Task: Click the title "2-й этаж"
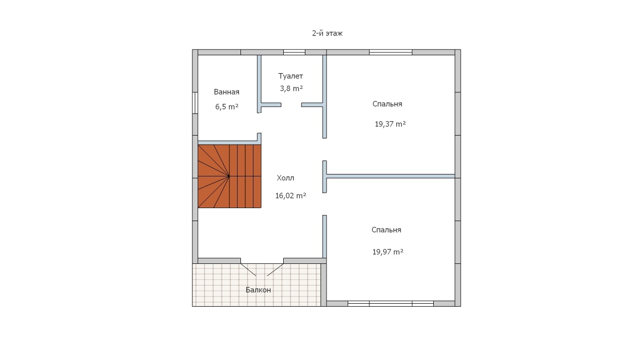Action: click(327, 34)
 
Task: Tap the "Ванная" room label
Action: click(227, 92)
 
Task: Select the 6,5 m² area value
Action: click(227, 107)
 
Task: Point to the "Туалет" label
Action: click(290, 76)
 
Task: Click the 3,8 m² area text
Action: click(291, 88)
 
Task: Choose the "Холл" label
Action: click(286, 178)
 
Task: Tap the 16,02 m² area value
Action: click(290, 196)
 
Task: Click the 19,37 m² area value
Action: click(390, 124)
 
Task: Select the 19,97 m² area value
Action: click(388, 252)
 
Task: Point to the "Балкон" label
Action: click(258, 290)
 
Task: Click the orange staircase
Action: click(229, 176)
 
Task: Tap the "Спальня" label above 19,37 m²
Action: click(387, 104)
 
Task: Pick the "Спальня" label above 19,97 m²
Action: click(386, 230)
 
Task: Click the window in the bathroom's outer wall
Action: click(195, 103)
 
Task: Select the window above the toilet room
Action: click(294, 52)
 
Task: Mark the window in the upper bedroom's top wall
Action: click(390, 52)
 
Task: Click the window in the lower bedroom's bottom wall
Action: click(390, 304)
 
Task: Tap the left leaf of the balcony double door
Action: click(248, 270)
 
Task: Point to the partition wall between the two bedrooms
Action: click(390, 176)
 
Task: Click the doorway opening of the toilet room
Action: click(291, 105)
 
